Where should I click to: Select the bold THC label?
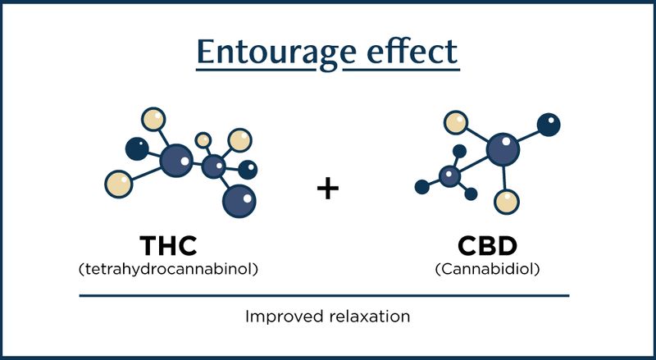[171, 248]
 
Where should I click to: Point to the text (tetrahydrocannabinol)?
[170, 269]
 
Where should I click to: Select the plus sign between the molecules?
[327, 188]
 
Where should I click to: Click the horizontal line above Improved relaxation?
[324, 295]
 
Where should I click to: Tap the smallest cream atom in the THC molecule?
[203, 140]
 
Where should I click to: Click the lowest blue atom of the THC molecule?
[239, 199]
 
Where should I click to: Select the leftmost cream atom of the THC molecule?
[119, 182]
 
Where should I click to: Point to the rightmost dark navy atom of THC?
[248, 169]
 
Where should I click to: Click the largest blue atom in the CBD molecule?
[503, 150]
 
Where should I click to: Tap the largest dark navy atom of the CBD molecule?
[548, 125]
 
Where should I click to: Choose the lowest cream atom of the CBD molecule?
[508, 199]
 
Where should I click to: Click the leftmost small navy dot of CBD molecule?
[421, 187]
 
